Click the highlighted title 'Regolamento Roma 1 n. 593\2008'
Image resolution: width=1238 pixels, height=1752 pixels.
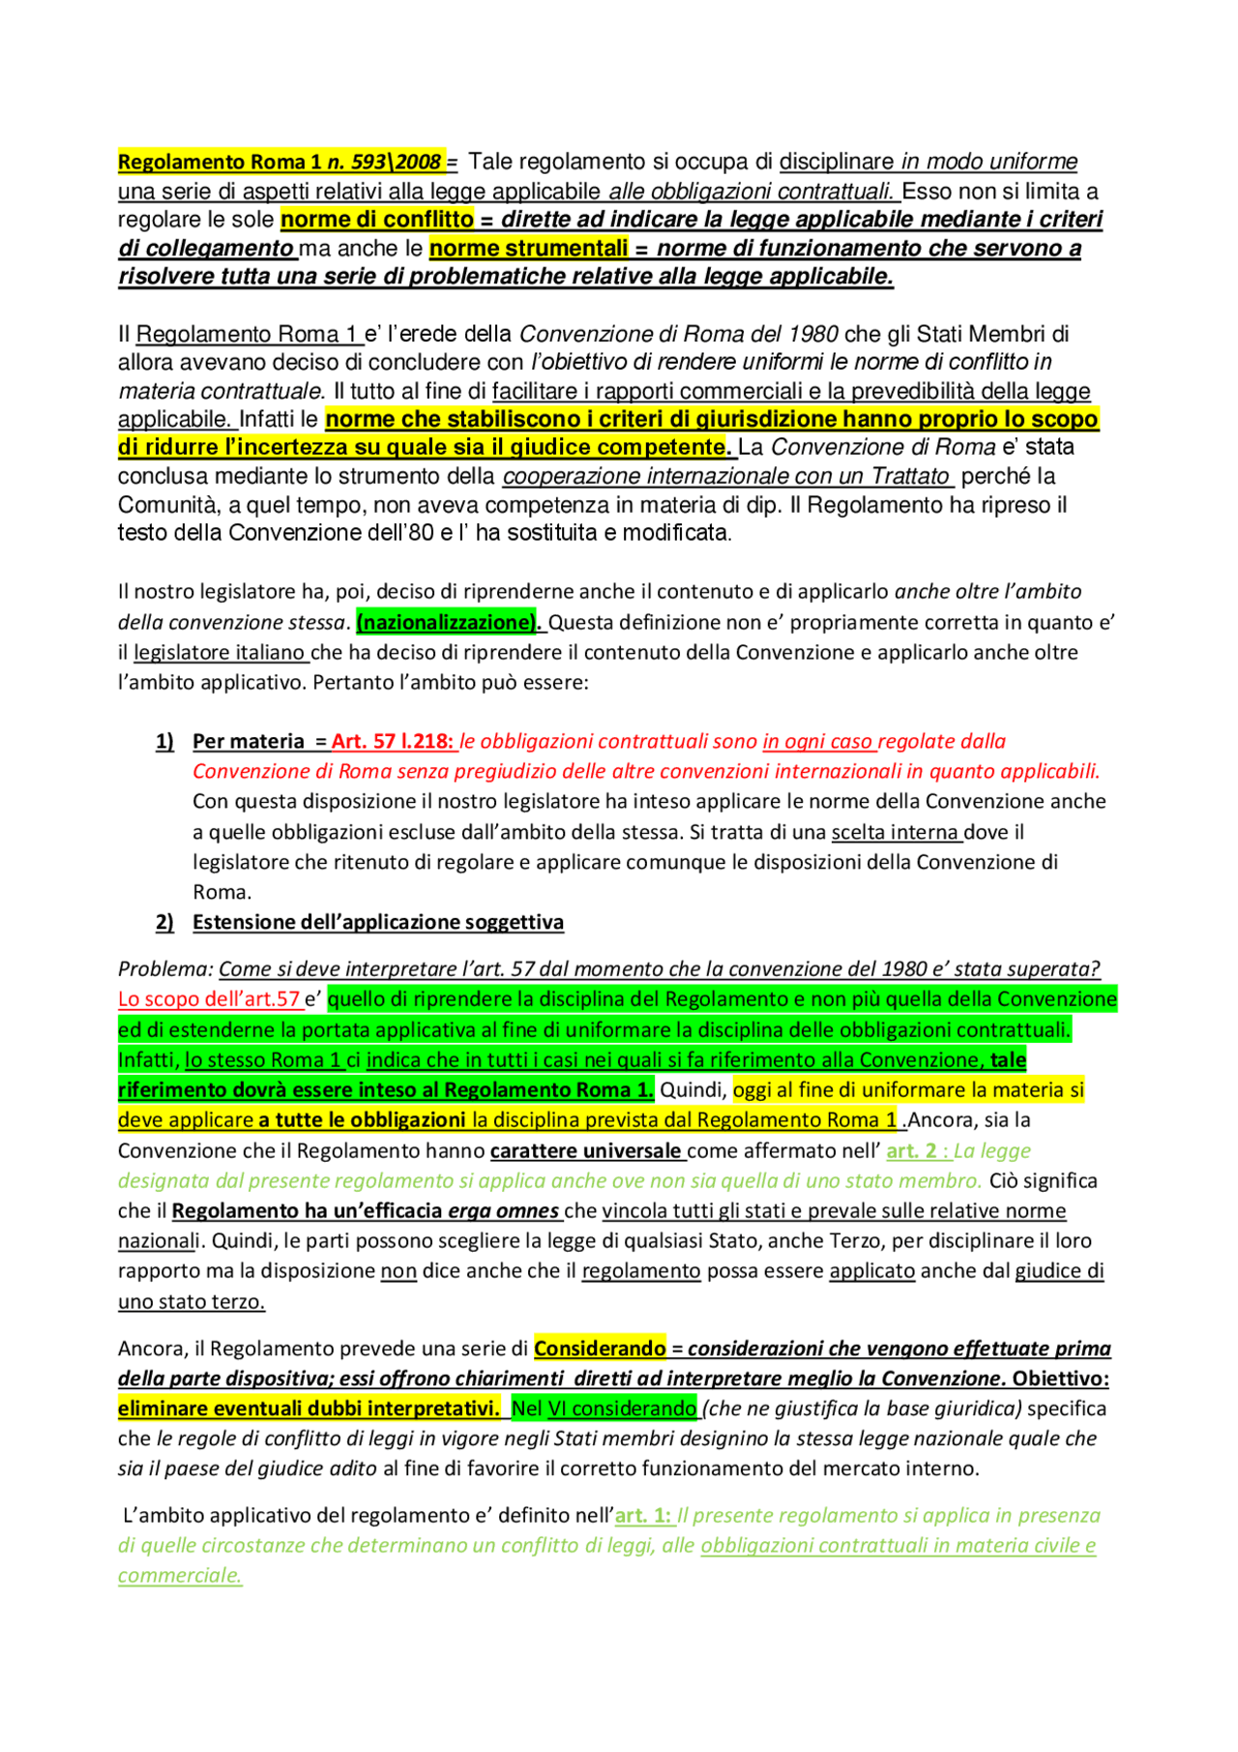[x=280, y=162]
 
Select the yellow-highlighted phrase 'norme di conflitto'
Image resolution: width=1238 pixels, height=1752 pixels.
[x=377, y=220]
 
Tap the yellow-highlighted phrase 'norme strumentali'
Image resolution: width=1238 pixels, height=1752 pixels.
[x=528, y=249]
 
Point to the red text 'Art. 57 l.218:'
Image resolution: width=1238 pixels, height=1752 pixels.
[x=393, y=741]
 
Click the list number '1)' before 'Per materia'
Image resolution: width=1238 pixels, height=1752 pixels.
[x=164, y=741]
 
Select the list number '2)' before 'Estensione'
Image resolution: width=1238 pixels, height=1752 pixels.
[x=164, y=922]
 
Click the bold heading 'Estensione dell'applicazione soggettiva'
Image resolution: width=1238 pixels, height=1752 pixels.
[x=378, y=922]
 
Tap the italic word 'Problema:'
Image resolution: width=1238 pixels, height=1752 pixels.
[x=165, y=968]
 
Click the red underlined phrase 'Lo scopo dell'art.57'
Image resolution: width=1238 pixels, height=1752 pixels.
[x=209, y=999]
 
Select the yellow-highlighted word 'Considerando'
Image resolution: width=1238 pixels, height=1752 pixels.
[x=600, y=1349]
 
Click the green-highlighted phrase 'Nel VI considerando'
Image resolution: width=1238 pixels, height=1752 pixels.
[x=604, y=1409]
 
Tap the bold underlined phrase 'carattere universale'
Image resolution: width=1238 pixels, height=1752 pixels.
[x=585, y=1151]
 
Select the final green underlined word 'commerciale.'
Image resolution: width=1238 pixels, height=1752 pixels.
[x=180, y=1575]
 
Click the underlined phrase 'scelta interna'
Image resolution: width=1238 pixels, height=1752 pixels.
[x=896, y=832]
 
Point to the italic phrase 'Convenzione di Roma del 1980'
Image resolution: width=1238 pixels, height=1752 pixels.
[x=679, y=335]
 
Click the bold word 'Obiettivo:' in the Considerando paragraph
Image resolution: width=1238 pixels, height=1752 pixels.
[x=1060, y=1379]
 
